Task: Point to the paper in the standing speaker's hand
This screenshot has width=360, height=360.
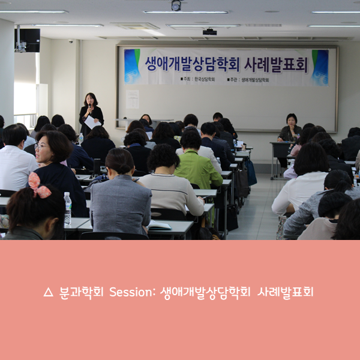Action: (x=91, y=122)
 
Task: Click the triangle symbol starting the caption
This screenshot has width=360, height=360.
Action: (x=49, y=293)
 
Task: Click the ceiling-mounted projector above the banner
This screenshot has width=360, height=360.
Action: (x=209, y=31)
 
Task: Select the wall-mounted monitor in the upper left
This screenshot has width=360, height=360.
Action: (x=28, y=40)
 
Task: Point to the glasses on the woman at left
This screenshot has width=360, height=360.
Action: (x=42, y=146)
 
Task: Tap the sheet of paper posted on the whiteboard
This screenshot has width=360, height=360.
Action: (x=133, y=98)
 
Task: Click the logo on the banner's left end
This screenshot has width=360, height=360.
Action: (x=132, y=65)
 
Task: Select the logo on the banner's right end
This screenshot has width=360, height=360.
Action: (x=320, y=67)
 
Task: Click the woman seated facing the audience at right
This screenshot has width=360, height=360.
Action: (x=291, y=129)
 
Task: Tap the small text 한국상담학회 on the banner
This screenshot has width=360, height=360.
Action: (x=201, y=79)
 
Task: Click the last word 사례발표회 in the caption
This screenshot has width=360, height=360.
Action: (x=285, y=292)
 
